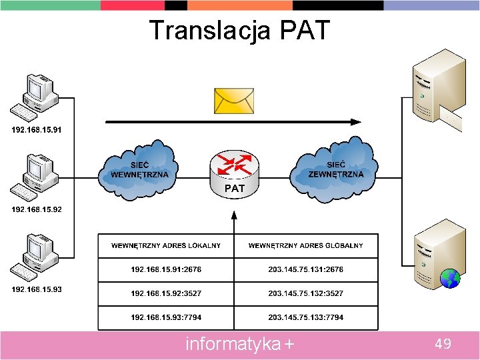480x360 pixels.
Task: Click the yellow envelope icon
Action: pyautogui.click(x=233, y=101)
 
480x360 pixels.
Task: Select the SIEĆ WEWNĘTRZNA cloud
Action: pyautogui.click(x=139, y=169)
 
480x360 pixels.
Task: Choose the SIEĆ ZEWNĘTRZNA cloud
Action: pyautogui.click(x=335, y=169)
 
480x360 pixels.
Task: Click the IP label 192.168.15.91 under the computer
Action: pyautogui.click(x=37, y=129)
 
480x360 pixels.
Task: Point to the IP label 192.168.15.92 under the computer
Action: pyautogui.click(x=37, y=209)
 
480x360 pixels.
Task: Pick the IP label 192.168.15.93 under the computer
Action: pyautogui.click(x=37, y=289)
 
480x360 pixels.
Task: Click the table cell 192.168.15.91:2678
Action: pyautogui.click(x=166, y=269)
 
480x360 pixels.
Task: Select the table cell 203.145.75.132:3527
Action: pyautogui.click(x=306, y=293)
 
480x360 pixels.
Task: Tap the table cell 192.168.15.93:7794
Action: pyautogui.click(x=166, y=317)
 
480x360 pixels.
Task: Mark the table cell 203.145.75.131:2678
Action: pyautogui.click(x=306, y=269)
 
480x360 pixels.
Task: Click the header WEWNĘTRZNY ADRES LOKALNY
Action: pyautogui.click(x=166, y=245)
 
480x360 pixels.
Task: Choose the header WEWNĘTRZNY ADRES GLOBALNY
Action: pyautogui.click(x=306, y=245)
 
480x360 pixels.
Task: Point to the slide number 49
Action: pyautogui.click(x=443, y=344)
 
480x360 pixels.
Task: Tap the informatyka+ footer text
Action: pyautogui.click(x=239, y=344)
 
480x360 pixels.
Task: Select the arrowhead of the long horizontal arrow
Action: pyautogui.click(x=357, y=122)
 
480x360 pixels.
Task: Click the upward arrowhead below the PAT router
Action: pyautogui.click(x=233, y=215)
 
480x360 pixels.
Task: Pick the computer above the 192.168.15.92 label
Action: pyautogui.click(x=34, y=176)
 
